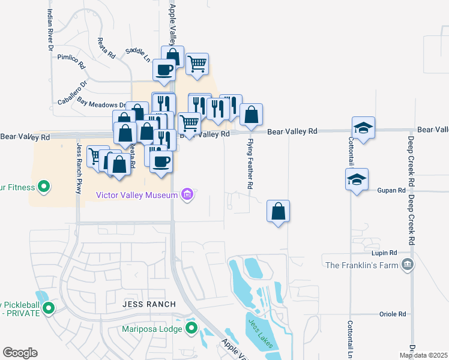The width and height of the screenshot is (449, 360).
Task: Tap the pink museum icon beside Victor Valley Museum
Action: point(188,194)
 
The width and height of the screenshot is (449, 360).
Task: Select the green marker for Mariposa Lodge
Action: point(191,328)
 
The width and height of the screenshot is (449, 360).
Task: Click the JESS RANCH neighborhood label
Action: point(149,304)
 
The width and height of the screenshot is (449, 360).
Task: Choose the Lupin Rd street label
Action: point(384,253)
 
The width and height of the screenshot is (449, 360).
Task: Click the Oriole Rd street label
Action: point(393,314)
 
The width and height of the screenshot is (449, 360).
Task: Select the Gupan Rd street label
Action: point(392,190)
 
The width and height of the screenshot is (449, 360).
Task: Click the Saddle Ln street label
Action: point(138,55)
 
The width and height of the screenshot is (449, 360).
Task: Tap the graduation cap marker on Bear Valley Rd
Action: point(363,127)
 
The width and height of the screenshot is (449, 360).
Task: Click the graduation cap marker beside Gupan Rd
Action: point(357,179)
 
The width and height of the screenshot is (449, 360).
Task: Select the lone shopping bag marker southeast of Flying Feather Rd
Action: point(278,211)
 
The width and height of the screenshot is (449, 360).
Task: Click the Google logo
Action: point(20,353)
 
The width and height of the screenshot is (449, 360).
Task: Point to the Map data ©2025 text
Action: point(423,355)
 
